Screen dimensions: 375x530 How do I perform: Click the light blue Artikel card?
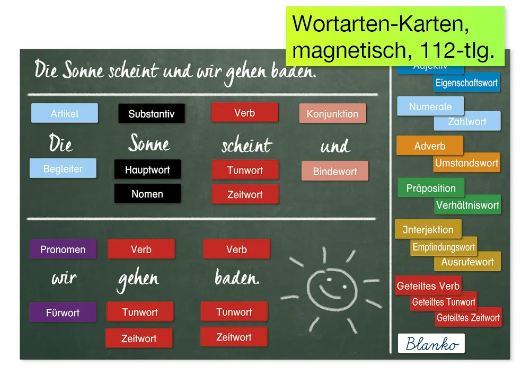click(65, 113)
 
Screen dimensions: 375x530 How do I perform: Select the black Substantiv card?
click(152, 114)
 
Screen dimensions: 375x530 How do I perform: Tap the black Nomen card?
click(147, 194)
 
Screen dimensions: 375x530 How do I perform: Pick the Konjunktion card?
click(332, 114)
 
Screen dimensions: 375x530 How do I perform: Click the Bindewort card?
click(334, 172)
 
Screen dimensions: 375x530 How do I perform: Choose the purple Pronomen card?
click(63, 249)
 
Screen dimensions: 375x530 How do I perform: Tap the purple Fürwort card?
click(63, 312)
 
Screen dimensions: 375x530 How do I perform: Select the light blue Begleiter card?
click(63, 169)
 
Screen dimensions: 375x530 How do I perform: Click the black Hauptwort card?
click(147, 170)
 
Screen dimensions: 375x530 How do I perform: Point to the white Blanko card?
click(431, 344)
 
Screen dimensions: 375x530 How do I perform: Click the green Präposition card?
click(430, 188)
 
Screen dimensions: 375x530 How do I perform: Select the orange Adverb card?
click(429, 146)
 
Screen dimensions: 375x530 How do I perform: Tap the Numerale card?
click(430, 106)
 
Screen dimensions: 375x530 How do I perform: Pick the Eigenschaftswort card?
click(466, 83)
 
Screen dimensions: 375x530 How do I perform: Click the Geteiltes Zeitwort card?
click(468, 318)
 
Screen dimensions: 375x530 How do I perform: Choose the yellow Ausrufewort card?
click(467, 262)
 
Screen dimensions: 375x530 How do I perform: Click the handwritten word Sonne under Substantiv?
click(149, 143)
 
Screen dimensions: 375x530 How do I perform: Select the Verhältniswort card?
click(467, 205)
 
